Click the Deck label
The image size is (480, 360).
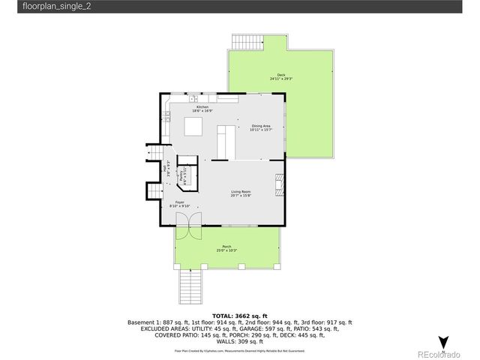[281, 76]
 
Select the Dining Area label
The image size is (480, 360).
[261, 127]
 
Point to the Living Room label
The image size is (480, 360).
[240, 193]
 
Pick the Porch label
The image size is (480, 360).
[226, 248]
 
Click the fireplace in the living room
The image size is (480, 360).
[280, 184]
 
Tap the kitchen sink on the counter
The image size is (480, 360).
[193, 98]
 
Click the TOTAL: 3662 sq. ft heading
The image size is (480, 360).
[239, 316]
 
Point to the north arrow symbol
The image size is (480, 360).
[443, 341]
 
